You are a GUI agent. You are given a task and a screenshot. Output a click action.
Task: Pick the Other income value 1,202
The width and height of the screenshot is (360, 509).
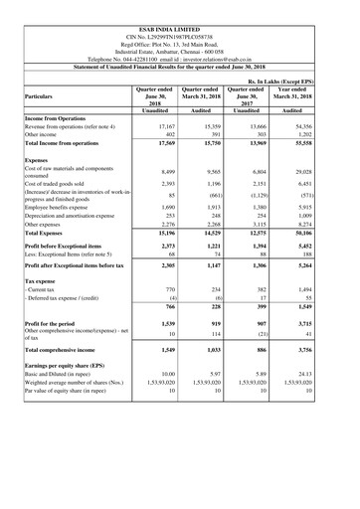point(326,137)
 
